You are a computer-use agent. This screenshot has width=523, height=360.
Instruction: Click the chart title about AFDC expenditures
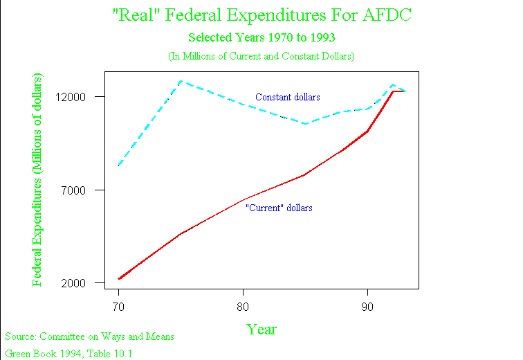click(261, 15)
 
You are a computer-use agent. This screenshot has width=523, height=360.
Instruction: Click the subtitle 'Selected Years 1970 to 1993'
click(261, 37)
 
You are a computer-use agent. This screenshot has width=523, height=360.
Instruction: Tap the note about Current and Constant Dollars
click(261, 55)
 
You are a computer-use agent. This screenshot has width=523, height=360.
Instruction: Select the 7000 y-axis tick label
click(83, 190)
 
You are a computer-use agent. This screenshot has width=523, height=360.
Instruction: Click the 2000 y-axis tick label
click(83, 283)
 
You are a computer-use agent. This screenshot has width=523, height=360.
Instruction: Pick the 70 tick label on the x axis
click(118, 305)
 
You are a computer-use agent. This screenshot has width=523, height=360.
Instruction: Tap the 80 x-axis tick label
click(243, 305)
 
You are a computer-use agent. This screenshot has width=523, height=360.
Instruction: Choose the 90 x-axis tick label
click(367, 305)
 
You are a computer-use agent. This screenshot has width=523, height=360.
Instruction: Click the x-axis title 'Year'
click(261, 330)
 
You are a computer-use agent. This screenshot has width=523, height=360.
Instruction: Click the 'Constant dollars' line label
click(287, 97)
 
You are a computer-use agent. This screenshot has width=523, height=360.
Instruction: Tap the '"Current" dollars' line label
click(279, 208)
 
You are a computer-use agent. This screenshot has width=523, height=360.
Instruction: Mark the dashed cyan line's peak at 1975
click(181, 81)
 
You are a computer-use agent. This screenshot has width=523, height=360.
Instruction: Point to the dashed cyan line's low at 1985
click(305, 123)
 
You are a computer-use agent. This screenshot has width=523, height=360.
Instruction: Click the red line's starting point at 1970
click(119, 278)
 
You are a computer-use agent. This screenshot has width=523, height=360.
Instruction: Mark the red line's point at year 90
click(367, 131)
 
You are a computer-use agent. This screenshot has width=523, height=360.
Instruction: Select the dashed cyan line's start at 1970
click(119, 165)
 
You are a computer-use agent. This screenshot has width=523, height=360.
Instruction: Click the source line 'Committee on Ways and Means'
click(90, 336)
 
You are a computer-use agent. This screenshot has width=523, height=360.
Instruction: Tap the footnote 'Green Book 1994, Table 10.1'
click(68, 354)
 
